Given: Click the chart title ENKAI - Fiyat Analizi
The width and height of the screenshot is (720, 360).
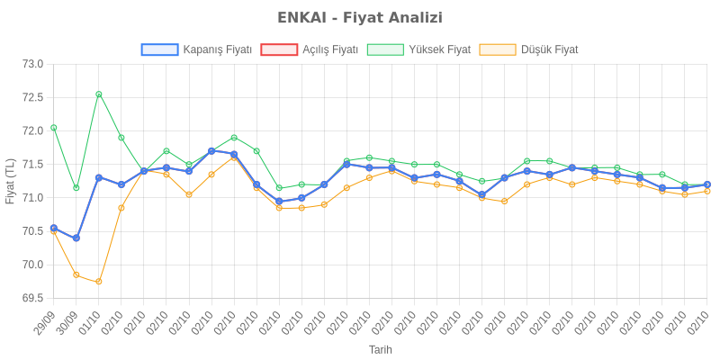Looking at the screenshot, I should tap(360, 18).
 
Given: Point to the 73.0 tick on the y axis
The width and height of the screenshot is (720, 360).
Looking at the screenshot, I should tap(33, 64).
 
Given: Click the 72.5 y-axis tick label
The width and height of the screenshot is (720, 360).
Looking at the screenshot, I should tap(33, 97).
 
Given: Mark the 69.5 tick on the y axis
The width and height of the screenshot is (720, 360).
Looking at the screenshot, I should tap(33, 298).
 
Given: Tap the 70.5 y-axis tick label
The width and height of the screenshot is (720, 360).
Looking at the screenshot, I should tap(33, 231).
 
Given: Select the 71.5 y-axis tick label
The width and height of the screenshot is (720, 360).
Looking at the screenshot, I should tap(33, 164).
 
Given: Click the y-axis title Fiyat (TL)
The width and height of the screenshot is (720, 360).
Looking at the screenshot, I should tap(11, 181).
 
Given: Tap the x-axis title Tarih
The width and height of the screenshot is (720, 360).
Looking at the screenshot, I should tap(381, 349).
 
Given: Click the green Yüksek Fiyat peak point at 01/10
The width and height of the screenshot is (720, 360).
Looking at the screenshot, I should tap(99, 94).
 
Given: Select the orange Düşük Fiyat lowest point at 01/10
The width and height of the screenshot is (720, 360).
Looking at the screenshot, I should tap(99, 282).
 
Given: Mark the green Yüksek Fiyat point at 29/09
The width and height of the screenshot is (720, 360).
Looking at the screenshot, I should tap(54, 127).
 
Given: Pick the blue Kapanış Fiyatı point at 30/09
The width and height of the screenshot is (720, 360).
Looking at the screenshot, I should tap(76, 238).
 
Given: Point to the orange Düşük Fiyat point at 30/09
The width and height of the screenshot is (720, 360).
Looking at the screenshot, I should tap(76, 274).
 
